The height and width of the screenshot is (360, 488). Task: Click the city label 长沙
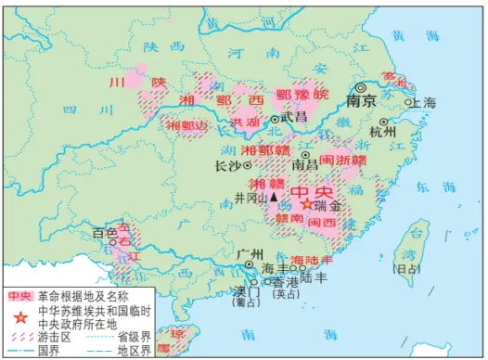pos(228,167)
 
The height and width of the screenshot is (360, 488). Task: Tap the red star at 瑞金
pos(307,204)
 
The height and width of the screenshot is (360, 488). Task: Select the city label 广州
pos(250,252)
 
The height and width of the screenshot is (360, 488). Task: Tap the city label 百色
pos(104,232)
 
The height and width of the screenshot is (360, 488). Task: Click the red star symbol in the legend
pos(20,315)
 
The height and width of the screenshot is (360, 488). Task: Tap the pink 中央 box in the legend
pos(20,297)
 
